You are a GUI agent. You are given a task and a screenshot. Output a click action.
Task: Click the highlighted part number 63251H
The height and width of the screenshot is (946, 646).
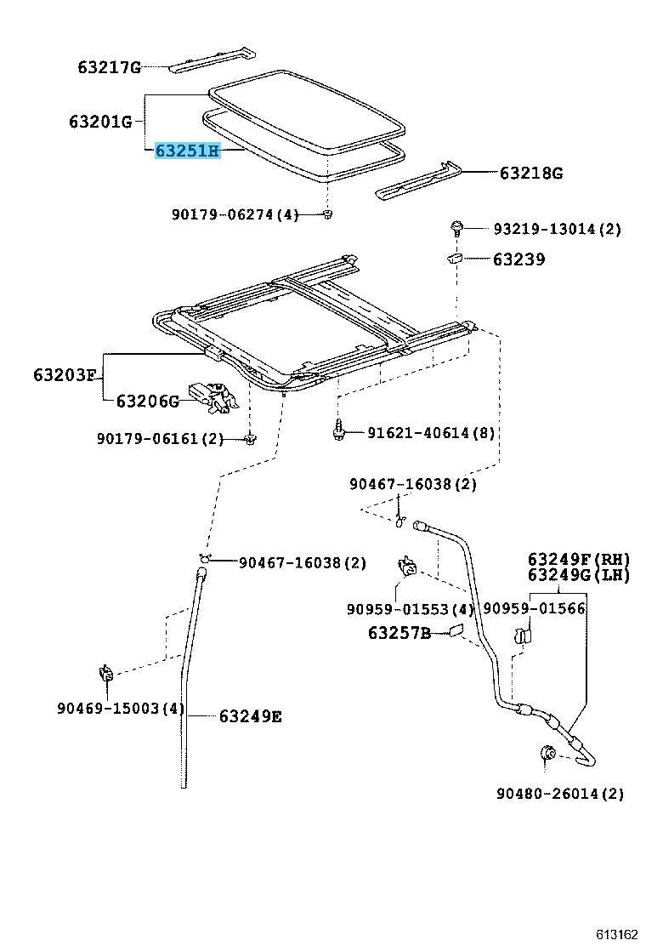[x=186, y=152]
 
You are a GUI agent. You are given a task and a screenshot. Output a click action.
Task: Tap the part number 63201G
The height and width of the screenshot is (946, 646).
[x=100, y=122]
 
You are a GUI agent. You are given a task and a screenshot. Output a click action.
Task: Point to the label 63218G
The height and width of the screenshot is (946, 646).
[x=530, y=174]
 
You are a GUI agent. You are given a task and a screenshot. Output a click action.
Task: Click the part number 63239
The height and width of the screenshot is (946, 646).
[x=518, y=259]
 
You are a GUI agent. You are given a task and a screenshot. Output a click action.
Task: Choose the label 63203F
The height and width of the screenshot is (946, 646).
[x=65, y=374]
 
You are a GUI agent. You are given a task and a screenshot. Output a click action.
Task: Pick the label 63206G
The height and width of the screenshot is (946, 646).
[x=147, y=401]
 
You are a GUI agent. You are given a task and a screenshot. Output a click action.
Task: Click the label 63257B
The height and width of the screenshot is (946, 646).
[x=399, y=633]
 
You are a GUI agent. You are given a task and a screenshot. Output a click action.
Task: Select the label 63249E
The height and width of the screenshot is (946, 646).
[x=250, y=716]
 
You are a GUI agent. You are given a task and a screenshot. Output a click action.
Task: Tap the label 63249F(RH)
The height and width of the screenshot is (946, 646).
[x=578, y=559]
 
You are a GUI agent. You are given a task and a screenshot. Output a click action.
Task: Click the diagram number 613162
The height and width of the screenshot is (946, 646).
[x=615, y=934]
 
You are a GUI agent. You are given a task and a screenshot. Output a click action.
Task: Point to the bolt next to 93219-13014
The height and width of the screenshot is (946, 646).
[x=457, y=228]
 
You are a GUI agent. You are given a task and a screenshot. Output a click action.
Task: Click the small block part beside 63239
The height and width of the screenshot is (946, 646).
[x=455, y=258]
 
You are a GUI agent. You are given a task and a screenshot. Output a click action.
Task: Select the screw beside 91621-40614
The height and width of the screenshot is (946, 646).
[x=338, y=430]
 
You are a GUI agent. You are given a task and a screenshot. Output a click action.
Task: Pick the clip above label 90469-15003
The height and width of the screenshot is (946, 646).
[x=105, y=675]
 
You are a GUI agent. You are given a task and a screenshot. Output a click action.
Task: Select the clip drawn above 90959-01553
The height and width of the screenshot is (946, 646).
[x=407, y=567]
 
